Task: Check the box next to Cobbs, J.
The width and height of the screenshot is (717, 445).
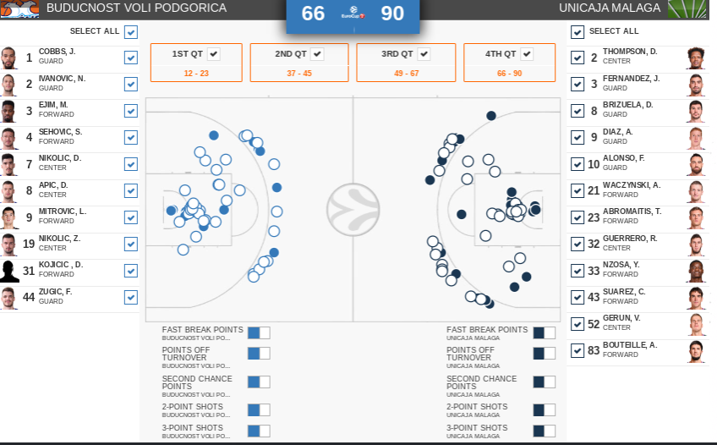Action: click(x=131, y=58)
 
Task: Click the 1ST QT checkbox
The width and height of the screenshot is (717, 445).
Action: click(x=214, y=54)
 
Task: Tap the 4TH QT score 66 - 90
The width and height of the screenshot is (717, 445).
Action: click(x=509, y=74)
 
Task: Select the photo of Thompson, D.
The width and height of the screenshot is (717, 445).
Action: click(x=696, y=58)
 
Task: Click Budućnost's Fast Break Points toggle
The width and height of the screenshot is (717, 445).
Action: click(x=259, y=333)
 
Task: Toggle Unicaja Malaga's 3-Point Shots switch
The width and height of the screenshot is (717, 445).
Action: click(x=544, y=432)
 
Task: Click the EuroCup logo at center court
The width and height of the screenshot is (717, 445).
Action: click(x=353, y=209)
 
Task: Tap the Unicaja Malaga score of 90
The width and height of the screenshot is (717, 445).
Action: click(x=392, y=14)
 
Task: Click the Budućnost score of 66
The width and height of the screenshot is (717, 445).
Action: click(x=313, y=14)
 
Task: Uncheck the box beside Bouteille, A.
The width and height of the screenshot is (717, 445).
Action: click(x=577, y=350)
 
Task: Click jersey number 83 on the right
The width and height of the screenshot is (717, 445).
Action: click(x=594, y=350)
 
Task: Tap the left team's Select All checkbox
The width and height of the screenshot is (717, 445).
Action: click(x=131, y=32)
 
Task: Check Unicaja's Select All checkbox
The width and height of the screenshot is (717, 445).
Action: click(x=577, y=32)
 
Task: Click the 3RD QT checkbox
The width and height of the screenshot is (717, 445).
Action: click(x=424, y=54)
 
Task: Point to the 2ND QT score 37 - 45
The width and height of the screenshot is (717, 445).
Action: click(x=298, y=74)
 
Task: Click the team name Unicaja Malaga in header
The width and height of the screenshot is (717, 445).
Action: click(x=610, y=8)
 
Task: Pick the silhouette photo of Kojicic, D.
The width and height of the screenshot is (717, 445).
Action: click(x=9, y=271)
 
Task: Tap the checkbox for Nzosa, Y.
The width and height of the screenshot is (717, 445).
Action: click(x=577, y=271)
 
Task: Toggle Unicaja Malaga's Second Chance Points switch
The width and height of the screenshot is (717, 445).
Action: click(x=544, y=382)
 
